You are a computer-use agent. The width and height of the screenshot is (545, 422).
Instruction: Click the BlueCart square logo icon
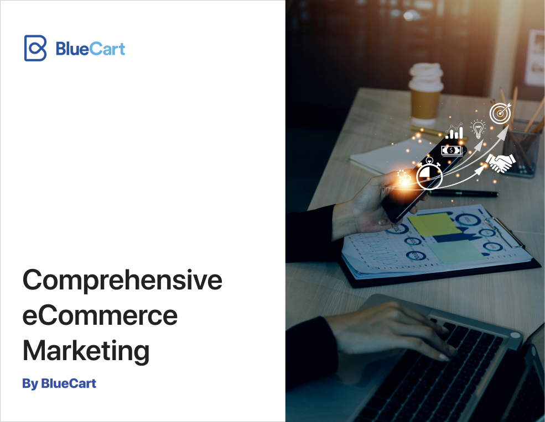coord(35,48)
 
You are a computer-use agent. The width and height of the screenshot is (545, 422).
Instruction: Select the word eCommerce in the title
coord(100,315)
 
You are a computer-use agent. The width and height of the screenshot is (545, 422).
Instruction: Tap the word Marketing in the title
coord(86,351)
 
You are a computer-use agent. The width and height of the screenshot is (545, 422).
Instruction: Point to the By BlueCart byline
coord(59,383)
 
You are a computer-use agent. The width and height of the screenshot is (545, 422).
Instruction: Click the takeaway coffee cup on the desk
coord(425,93)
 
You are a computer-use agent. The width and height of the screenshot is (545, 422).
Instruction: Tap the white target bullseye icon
coord(500,113)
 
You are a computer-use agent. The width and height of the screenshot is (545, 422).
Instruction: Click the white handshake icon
coord(501,162)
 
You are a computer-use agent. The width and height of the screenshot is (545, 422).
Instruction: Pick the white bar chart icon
coord(455,131)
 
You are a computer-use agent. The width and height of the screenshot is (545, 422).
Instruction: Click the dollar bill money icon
coord(452,151)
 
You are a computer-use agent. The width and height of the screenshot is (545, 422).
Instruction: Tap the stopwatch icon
coord(429,174)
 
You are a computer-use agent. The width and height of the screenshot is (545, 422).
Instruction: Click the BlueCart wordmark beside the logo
coord(90,49)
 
